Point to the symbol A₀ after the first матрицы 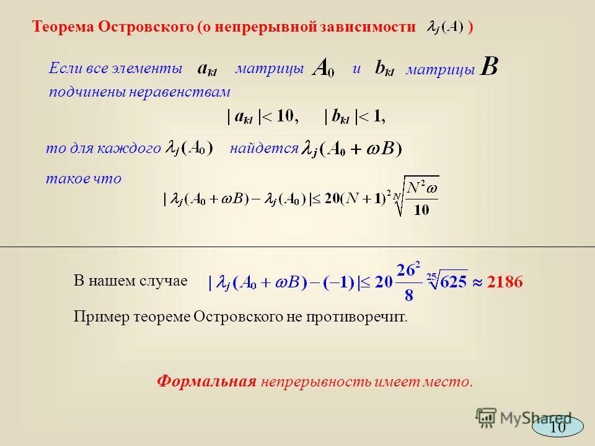click(x=323, y=68)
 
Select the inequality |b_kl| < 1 click(x=355, y=116)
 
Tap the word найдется click(x=263, y=149)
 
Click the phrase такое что click(x=84, y=179)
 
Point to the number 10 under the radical click(x=421, y=209)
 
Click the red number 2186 click(x=505, y=282)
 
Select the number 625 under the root click(x=446, y=282)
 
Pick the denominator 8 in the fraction click(x=408, y=295)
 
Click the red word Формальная click(x=206, y=381)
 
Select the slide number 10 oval click(x=558, y=427)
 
